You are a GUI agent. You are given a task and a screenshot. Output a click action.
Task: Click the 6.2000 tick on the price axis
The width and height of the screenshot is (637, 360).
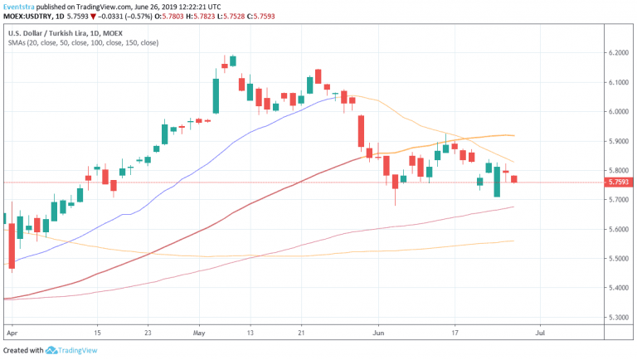pos(618,53)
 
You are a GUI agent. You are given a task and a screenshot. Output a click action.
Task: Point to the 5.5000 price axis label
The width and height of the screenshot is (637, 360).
pos(618,259)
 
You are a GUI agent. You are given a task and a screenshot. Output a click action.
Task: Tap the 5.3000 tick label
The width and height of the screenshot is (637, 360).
pos(618,318)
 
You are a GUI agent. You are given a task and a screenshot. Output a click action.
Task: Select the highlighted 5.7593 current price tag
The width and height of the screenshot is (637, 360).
pos(618,182)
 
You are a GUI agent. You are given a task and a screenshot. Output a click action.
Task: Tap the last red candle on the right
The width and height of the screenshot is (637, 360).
pos(514,178)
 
